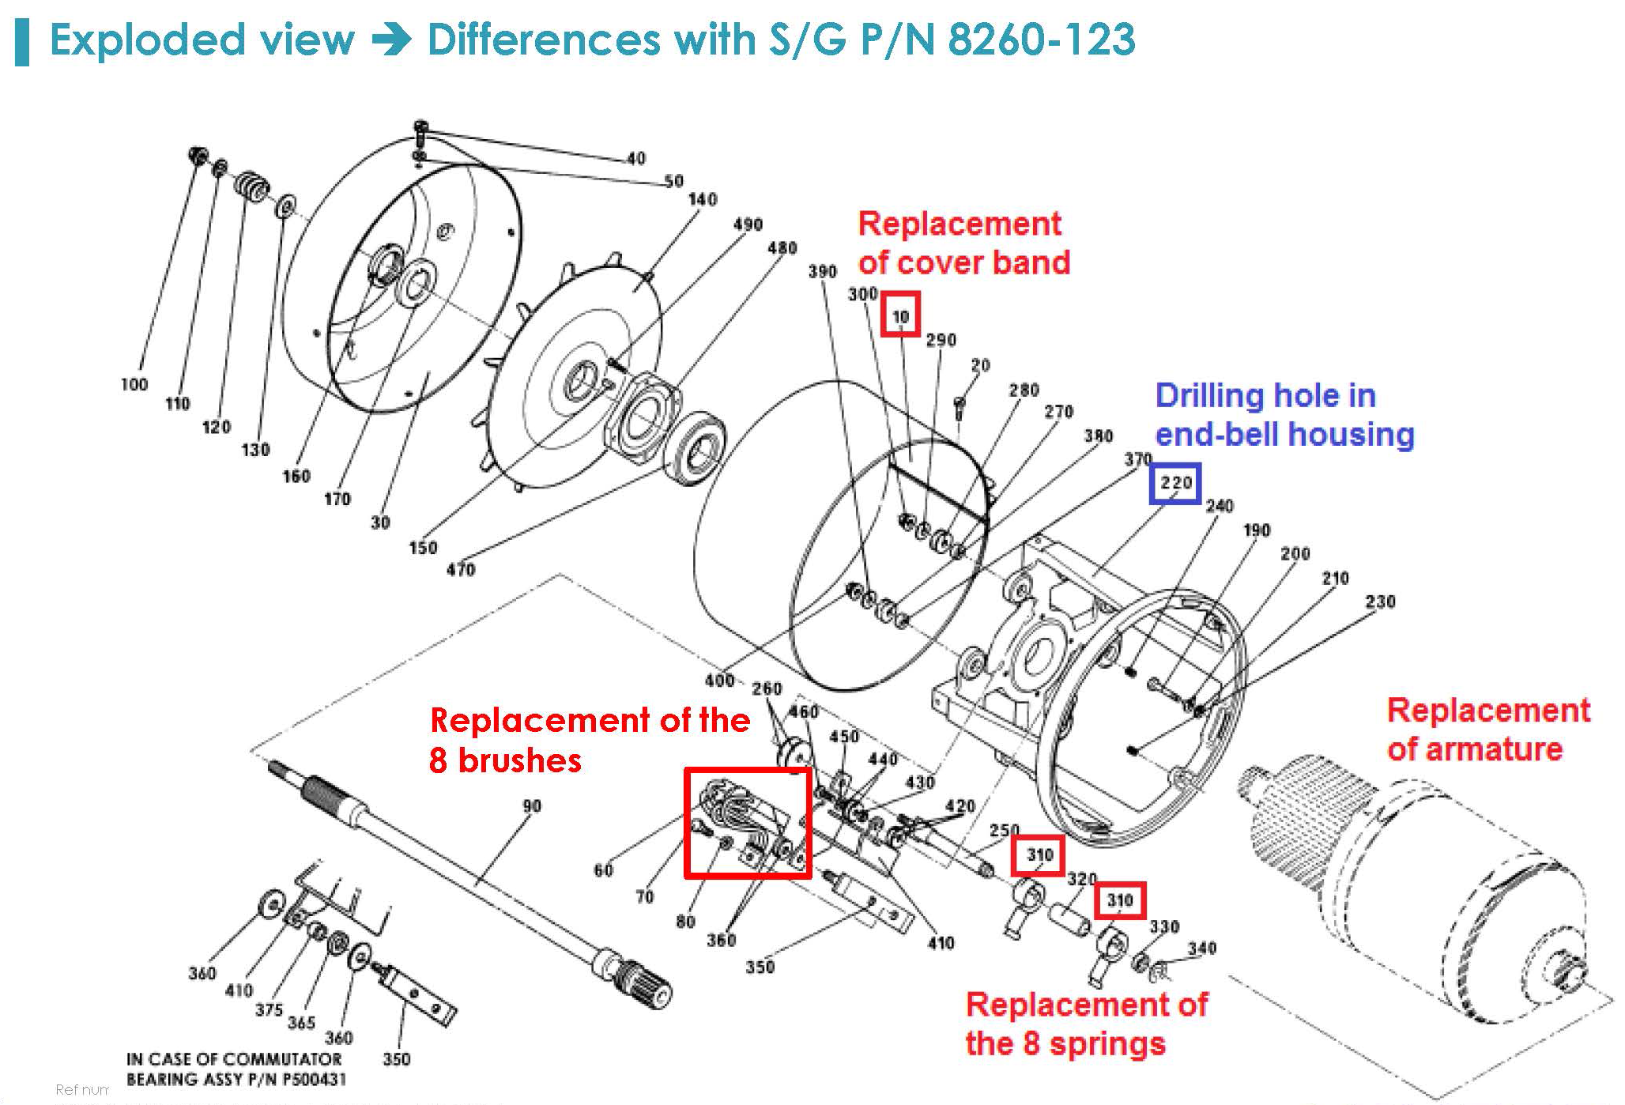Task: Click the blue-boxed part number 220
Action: point(1175,483)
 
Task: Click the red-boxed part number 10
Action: point(901,315)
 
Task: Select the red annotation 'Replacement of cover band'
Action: point(963,243)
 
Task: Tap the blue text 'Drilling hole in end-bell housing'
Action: point(1284,415)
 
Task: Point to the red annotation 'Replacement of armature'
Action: point(1487,729)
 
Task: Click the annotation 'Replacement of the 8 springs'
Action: point(1086,1024)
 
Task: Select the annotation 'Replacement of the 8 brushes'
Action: point(589,740)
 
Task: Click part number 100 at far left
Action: point(134,385)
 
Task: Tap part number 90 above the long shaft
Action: point(532,805)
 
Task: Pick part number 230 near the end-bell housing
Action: point(1380,602)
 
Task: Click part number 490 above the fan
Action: point(748,224)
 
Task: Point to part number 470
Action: point(461,569)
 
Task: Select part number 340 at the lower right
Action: point(1201,948)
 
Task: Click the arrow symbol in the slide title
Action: point(390,40)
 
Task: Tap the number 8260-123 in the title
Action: point(1041,40)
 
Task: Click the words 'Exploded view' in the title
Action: point(202,40)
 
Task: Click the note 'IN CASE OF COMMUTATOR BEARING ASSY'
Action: point(235,1069)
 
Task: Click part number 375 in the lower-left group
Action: point(269,1009)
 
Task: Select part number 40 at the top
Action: point(636,158)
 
